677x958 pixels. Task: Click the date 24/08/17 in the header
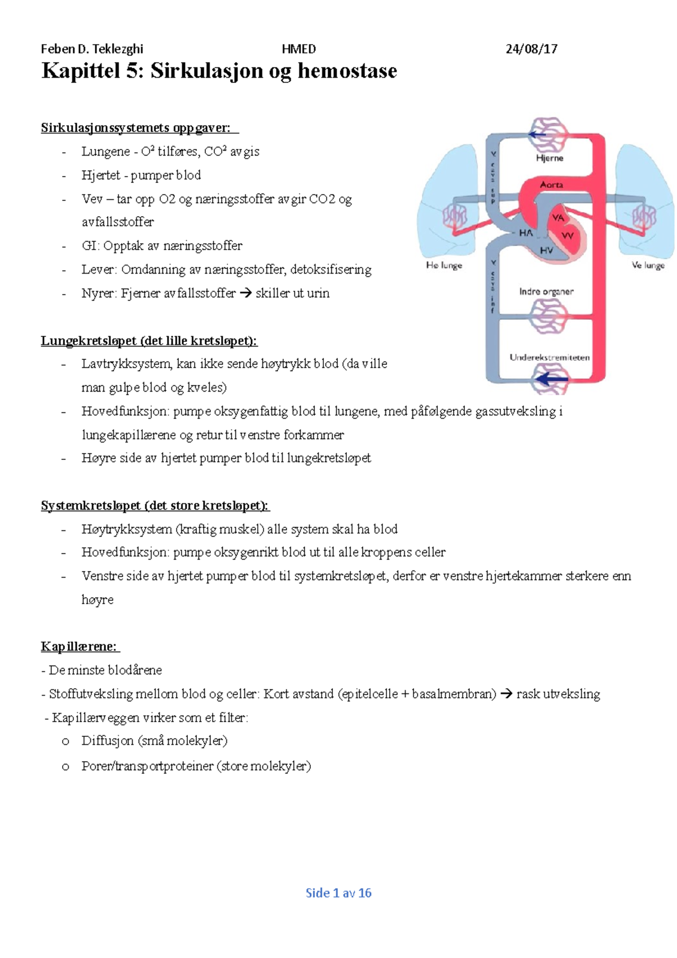point(531,49)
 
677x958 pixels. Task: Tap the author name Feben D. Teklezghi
point(92,49)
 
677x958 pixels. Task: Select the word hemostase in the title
point(348,71)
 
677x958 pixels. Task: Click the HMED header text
point(298,49)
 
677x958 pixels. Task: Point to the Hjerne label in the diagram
point(549,158)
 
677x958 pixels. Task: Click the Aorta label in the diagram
point(551,184)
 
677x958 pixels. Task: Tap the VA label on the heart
point(558,218)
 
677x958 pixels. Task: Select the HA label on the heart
point(526,232)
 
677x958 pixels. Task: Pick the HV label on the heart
point(546,250)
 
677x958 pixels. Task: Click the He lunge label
point(444,265)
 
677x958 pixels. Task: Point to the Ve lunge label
point(648,265)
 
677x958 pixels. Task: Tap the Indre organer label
point(546,292)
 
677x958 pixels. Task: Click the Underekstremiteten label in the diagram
point(549,357)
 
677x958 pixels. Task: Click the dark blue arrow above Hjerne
point(537,135)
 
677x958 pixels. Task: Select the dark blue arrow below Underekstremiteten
point(549,379)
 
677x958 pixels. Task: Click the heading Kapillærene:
point(80,647)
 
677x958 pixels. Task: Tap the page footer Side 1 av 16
point(338,893)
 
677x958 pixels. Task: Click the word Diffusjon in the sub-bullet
point(108,741)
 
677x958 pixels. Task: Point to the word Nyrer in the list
point(98,293)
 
